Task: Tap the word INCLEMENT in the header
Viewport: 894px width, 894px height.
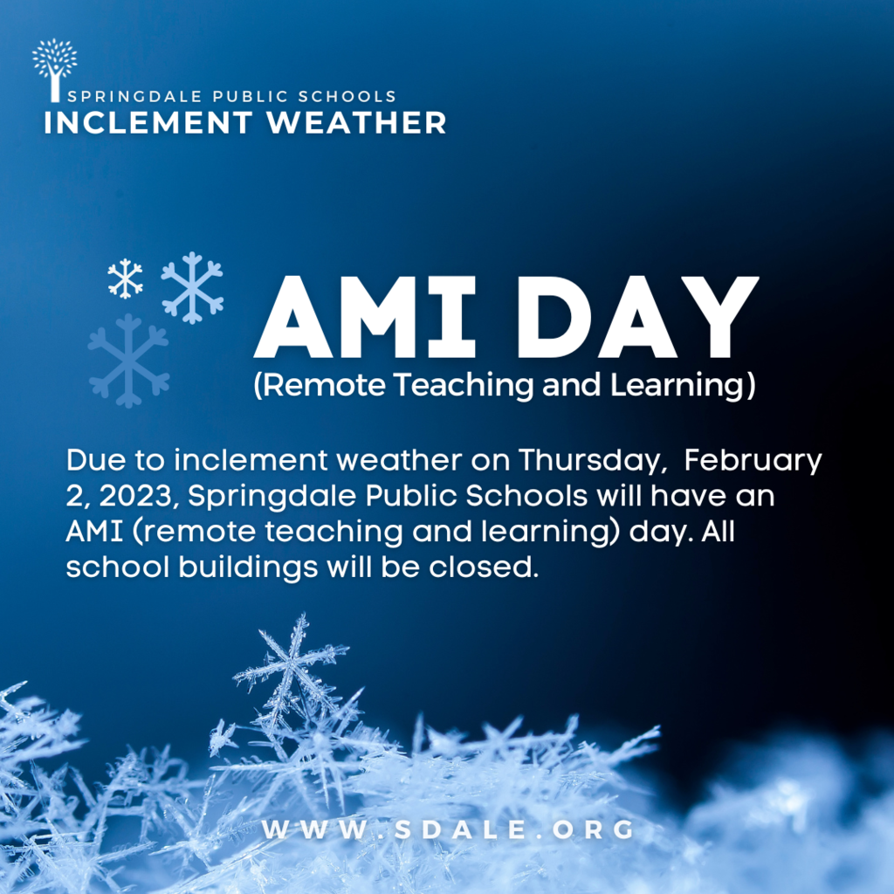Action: tap(148, 122)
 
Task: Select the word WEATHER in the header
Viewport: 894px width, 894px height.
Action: tap(356, 122)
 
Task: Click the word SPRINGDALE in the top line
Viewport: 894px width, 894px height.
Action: tap(134, 96)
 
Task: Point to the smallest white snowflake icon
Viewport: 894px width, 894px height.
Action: tap(126, 279)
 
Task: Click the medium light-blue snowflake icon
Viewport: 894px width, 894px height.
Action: tap(192, 287)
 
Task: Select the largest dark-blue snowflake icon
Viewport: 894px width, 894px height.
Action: tap(129, 361)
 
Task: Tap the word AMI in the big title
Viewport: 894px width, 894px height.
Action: tap(365, 317)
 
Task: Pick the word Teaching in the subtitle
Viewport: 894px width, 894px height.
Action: tap(463, 385)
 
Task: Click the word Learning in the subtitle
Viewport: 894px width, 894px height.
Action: tap(677, 385)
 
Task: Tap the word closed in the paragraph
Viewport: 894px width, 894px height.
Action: tap(484, 567)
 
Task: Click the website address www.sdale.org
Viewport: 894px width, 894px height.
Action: tap(448, 829)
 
